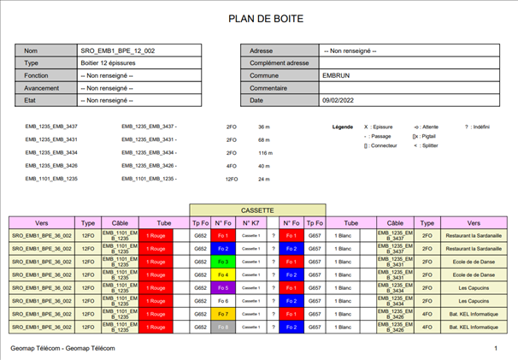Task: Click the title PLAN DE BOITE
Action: (258, 18)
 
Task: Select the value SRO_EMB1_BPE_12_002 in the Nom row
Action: (117, 51)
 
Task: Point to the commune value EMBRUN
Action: (336, 75)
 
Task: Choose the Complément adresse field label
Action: (279, 63)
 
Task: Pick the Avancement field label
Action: (42, 88)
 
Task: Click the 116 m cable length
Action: (265, 153)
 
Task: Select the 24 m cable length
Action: (263, 180)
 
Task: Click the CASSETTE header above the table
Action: (257, 210)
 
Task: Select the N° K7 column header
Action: (250, 222)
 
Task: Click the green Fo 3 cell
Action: (223, 262)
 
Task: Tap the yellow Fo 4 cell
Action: (223, 274)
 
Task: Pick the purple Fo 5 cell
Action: (223, 288)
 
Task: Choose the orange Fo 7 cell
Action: (223, 314)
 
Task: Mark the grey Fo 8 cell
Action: (223, 328)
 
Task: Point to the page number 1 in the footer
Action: (495, 350)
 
